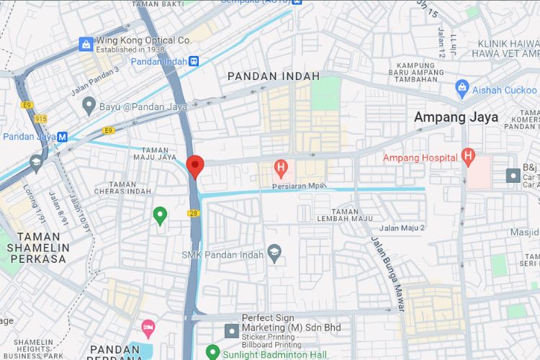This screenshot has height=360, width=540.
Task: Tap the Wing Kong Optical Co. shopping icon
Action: click(86, 45)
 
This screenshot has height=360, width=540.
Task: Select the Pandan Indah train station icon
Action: click(194, 62)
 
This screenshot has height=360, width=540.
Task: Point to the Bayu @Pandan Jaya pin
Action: click(89, 106)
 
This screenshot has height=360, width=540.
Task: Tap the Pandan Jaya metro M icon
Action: click(63, 136)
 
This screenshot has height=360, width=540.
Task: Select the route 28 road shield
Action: click(194, 214)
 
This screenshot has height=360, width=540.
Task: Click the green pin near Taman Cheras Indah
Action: click(161, 214)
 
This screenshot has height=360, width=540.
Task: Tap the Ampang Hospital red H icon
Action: click(468, 156)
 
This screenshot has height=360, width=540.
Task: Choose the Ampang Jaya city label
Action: click(456, 117)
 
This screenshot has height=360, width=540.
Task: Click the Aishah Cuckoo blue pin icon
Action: click(462, 89)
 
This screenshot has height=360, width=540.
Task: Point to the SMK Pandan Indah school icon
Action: click(274, 252)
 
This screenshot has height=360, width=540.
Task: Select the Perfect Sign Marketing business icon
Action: click(231, 330)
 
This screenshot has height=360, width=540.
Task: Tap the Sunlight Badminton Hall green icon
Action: click(212, 352)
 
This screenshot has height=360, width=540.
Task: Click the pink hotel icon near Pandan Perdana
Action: click(148, 329)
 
